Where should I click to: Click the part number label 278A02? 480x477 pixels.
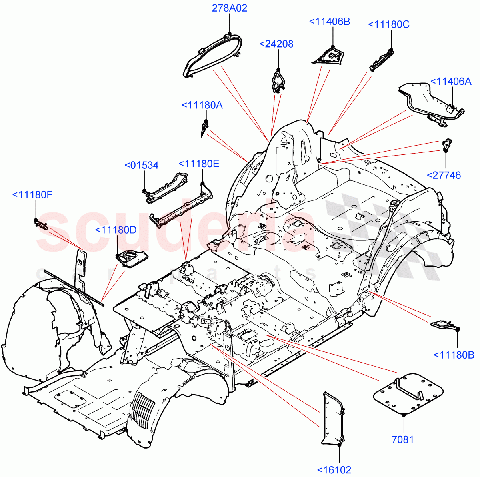pyautogui.click(x=229, y=8)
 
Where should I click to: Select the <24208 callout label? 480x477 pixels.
pyautogui.click(x=276, y=44)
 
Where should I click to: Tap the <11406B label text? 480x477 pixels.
pyautogui.click(x=330, y=22)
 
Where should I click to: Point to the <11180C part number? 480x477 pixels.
pyautogui.click(x=388, y=24)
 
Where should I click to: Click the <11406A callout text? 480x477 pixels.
pyautogui.click(x=451, y=81)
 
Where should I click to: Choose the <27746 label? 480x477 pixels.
pyautogui.click(x=444, y=175)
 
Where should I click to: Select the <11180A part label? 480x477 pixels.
pyautogui.click(x=202, y=105)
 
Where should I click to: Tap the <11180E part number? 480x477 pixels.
pyautogui.click(x=199, y=164)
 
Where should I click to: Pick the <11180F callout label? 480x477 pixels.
pyautogui.click(x=32, y=195)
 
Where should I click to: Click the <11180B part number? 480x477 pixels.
pyautogui.click(x=454, y=355)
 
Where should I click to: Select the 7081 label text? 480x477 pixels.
pyautogui.click(x=402, y=440)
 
